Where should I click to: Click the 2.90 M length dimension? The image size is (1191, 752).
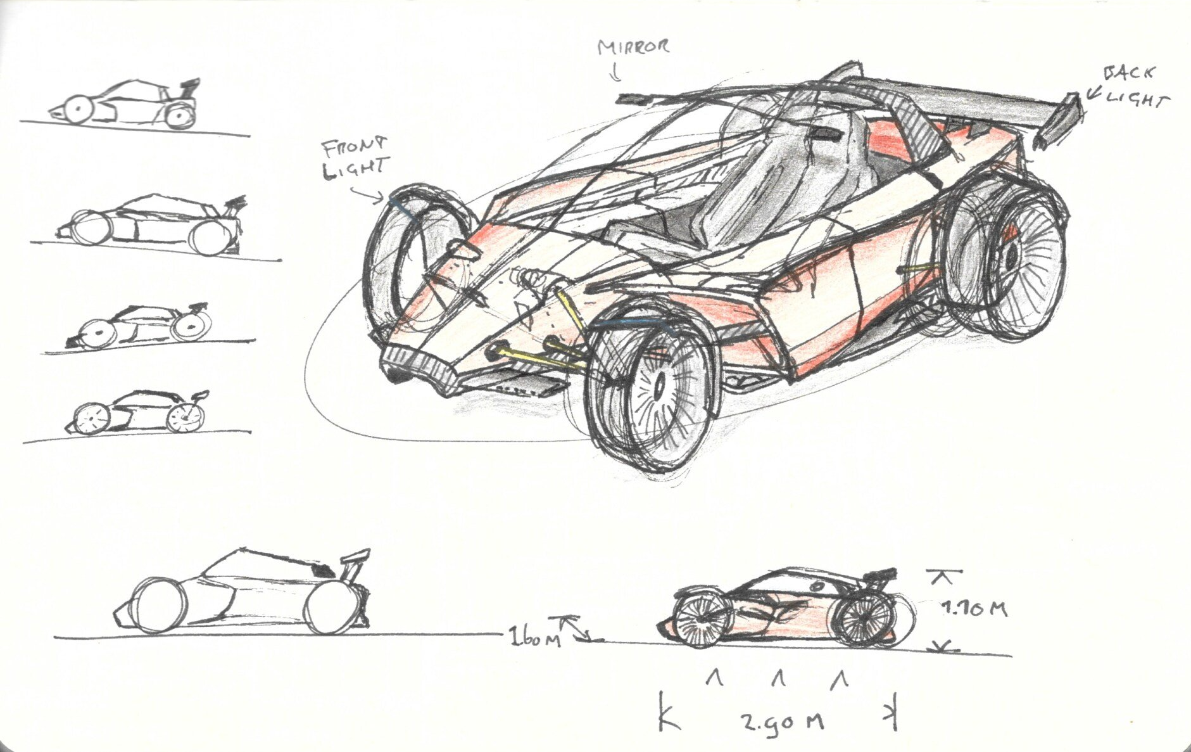pos(783,720)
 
